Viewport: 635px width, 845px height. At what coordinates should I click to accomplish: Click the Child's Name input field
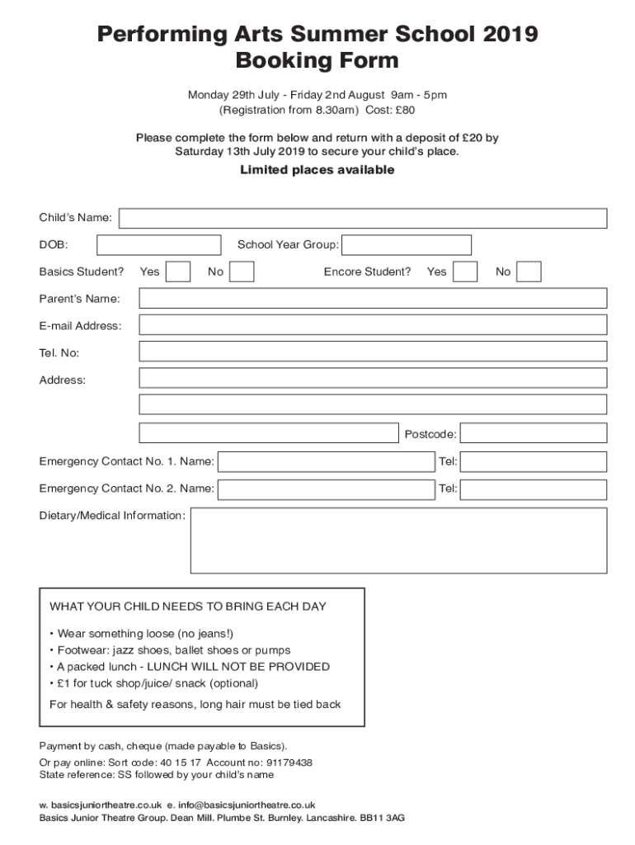363,219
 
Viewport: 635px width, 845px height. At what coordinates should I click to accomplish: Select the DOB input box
158,245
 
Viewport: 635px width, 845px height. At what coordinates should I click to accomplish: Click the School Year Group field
406,245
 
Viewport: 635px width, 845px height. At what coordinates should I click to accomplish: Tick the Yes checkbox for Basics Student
178,271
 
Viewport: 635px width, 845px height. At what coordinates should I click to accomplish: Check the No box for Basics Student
241,271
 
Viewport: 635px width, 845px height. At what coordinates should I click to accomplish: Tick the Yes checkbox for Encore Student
465,271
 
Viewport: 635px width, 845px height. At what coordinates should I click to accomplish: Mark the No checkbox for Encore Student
529,271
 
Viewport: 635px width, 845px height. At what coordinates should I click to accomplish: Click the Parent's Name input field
373,298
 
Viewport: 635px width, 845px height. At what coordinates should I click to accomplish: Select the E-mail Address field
373,325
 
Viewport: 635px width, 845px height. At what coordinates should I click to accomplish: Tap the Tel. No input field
373,352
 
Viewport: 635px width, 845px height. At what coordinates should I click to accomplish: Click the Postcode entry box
533,433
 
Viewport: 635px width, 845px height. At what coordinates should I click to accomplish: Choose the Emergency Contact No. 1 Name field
326,461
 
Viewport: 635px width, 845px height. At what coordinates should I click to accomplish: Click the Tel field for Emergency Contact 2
533,489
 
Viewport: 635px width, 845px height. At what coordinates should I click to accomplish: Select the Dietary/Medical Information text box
398,541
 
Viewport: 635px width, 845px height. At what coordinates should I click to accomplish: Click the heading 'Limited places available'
317,170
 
